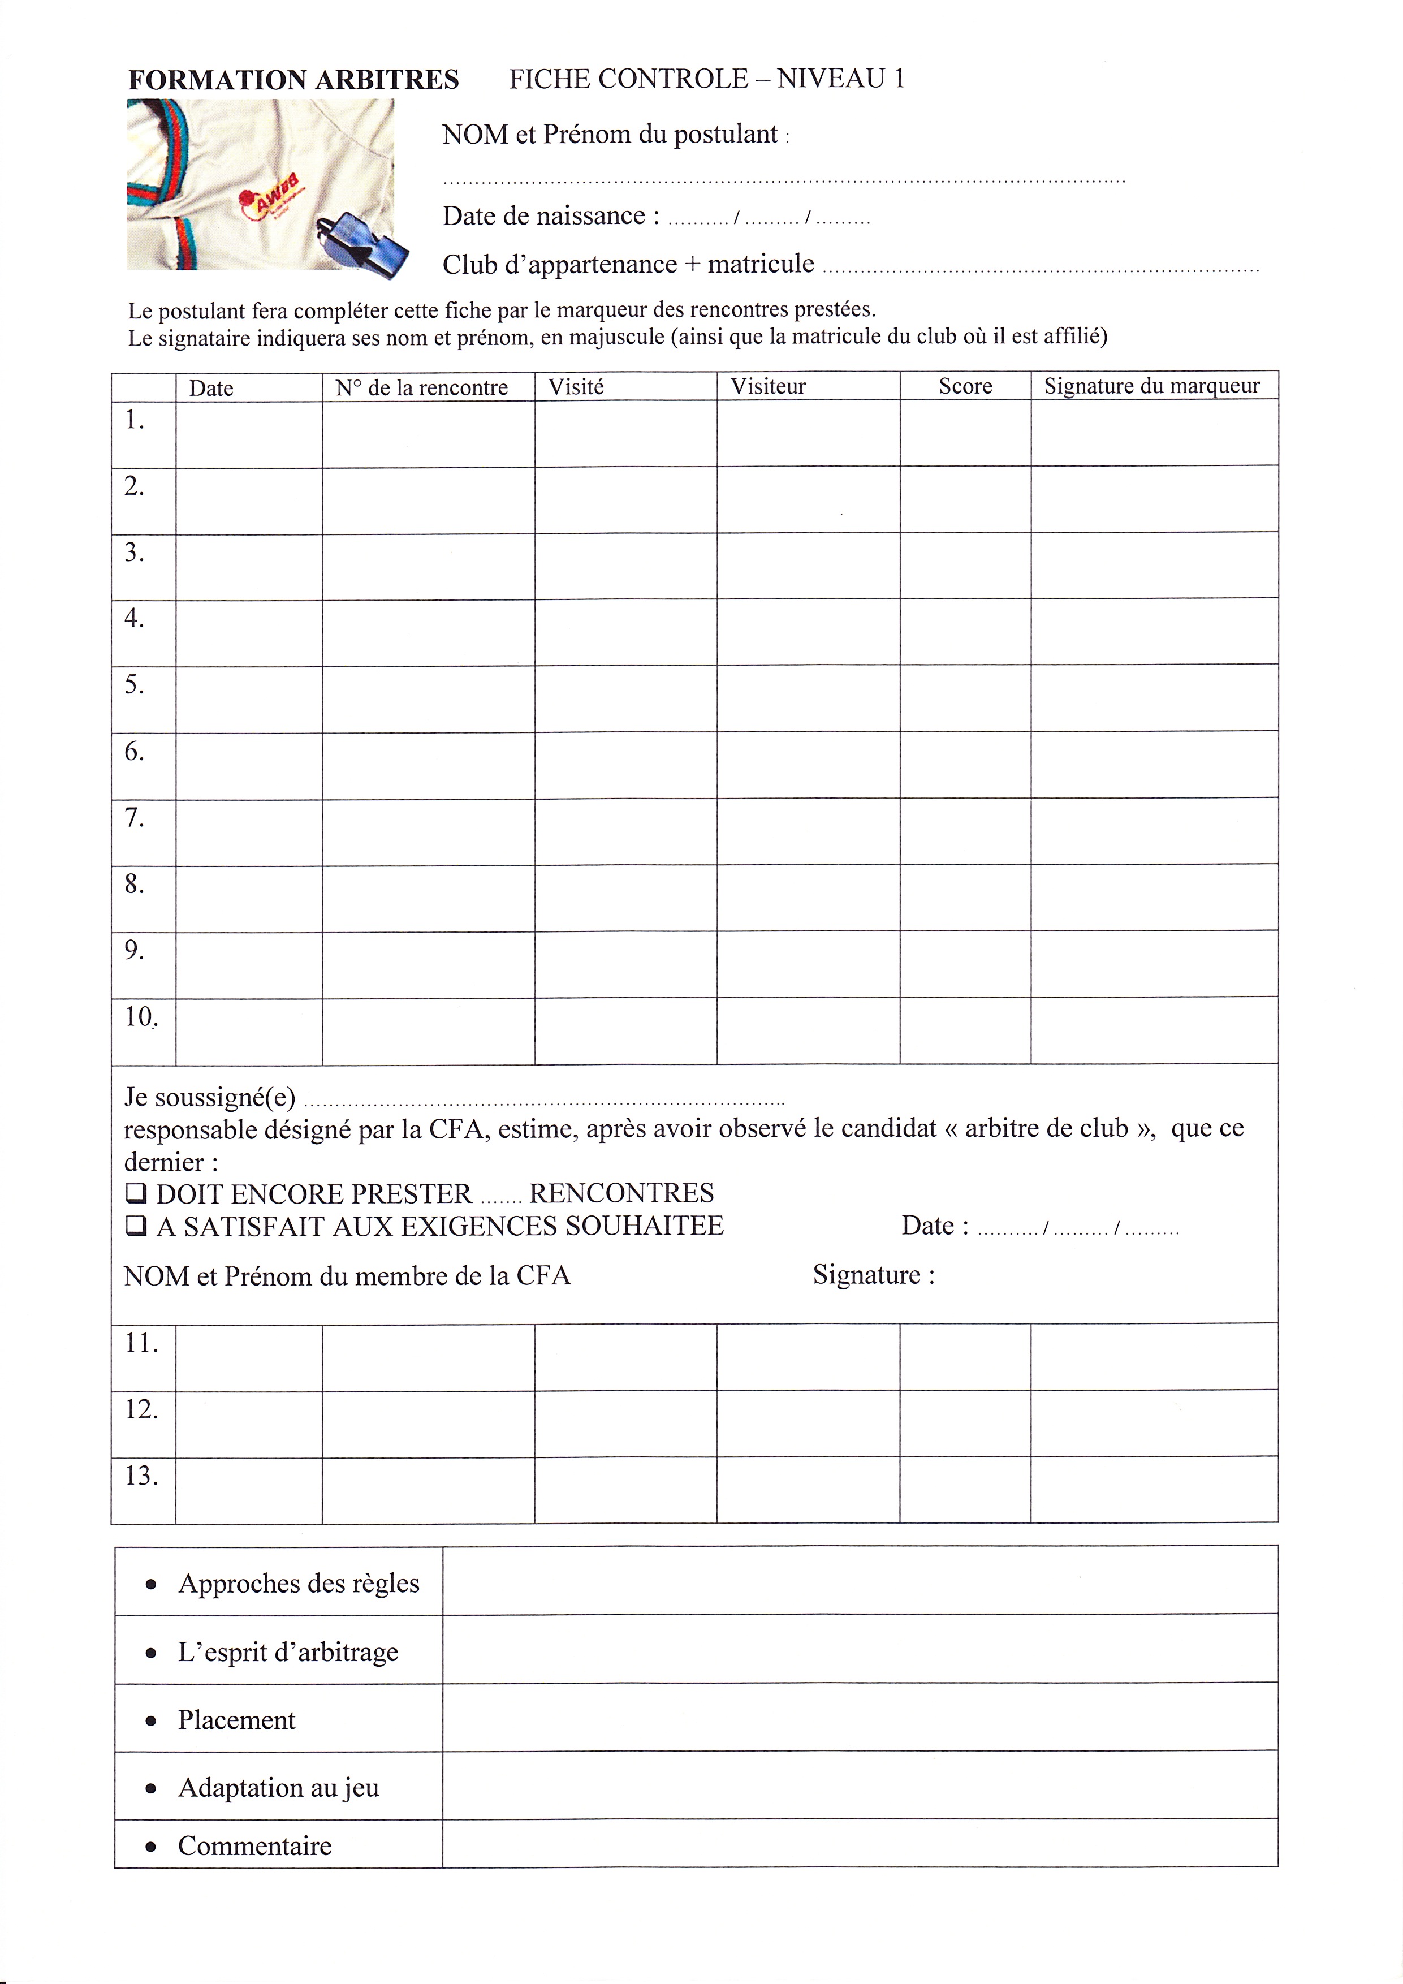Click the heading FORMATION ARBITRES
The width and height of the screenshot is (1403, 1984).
(x=293, y=80)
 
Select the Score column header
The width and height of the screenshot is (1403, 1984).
(x=965, y=386)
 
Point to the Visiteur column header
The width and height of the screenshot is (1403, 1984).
(x=767, y=386)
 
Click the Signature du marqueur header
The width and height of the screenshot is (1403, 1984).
(x=1151, y=386)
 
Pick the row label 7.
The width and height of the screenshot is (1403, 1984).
(x=135, y=817)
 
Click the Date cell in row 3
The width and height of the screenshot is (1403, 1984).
(x=249, y=566)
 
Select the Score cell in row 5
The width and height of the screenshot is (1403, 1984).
(x=965, y=698)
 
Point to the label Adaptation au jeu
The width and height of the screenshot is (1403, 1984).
(x=278, y=1787)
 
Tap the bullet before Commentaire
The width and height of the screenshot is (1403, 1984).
(x=151, y=1846)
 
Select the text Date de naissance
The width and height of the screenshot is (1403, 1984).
(x=544, y=216)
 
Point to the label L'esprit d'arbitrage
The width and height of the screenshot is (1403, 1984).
(x=288, y=1651)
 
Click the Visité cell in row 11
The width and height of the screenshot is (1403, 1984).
(x=625, y=1357)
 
